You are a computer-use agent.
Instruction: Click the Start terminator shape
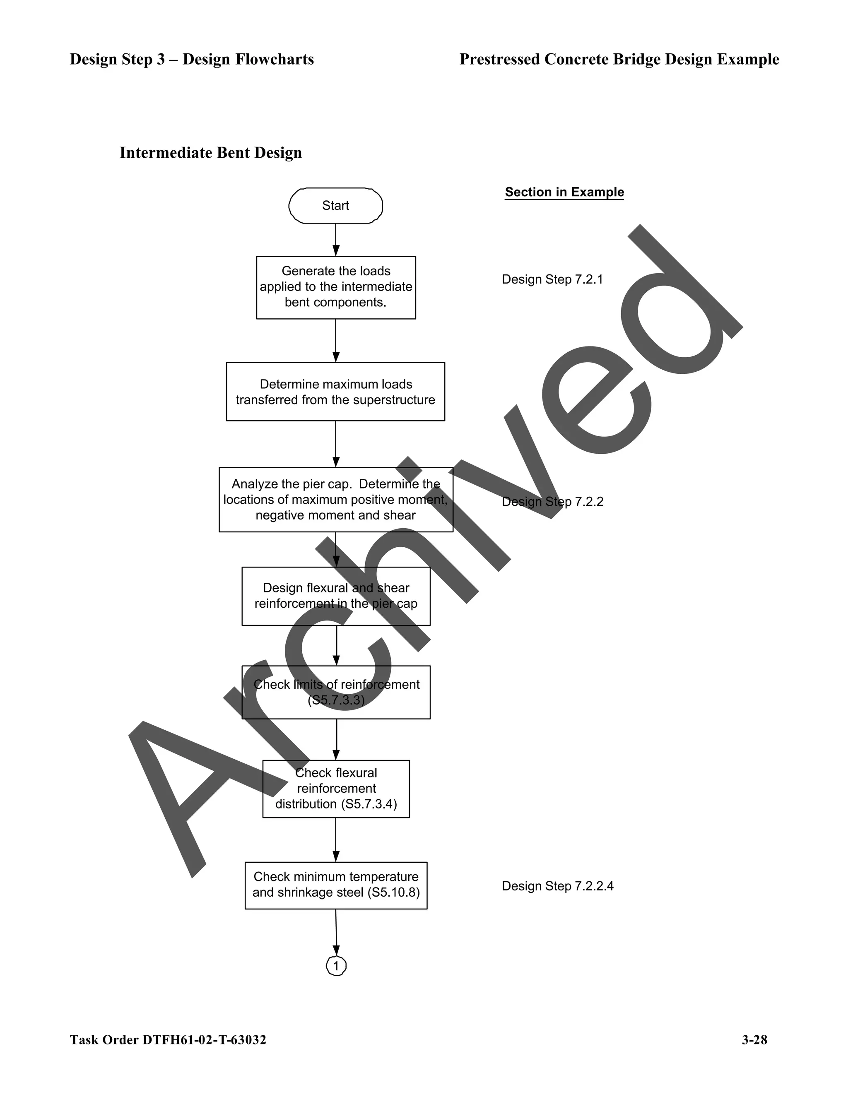click(x=335, y=205)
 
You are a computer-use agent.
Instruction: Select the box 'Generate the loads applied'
click(x=335, y=287)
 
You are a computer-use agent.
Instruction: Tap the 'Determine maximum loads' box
click(x=335, y=392)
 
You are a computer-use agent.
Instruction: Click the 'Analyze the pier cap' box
click(x=335, y=499)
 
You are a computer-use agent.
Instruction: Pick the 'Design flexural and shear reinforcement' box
click(x=335, y=596)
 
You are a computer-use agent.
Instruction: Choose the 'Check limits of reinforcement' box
click(x=335, y=692)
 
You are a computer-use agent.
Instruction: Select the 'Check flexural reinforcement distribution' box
click(x=335, y=789)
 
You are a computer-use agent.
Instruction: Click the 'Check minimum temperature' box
click(x=335, y=885)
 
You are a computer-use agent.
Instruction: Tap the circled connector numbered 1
click(x=336, y=965)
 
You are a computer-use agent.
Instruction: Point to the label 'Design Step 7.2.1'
click(x=552, y=279)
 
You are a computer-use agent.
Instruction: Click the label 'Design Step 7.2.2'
click(x=552, y=502)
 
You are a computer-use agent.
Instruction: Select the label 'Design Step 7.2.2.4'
click(x=557, y=885)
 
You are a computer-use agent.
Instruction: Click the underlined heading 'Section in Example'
click(x=564, y=192)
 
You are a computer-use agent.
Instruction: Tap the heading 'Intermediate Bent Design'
click(x=210, y=153)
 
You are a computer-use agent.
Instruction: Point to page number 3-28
click(x=754, y=1040)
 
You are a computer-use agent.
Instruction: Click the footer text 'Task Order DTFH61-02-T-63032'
click(x=168, y=1040)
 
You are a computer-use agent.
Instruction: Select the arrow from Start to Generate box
click(x=335, y=240)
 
